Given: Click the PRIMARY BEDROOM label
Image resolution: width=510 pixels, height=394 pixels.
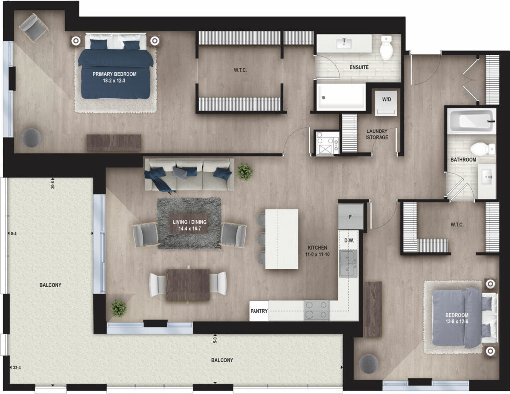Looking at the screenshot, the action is coord(115,74).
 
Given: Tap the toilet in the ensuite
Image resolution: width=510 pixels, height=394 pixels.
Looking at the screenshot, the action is coord(386,47).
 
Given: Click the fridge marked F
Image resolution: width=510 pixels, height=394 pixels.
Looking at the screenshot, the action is coord(350,217).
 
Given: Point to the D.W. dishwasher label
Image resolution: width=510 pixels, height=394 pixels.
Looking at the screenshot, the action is coord(349,241).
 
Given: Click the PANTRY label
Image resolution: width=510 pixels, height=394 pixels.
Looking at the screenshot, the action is coord(259,311).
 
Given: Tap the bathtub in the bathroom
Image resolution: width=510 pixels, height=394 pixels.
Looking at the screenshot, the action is coord(471,121).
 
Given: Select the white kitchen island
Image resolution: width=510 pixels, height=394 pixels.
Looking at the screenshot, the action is coord(282,239).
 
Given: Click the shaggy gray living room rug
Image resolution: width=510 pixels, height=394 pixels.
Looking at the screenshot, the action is coord(189,223).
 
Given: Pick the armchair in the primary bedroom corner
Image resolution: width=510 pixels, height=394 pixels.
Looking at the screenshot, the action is coord(33,27).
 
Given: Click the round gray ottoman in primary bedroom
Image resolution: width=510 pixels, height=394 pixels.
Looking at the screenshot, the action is coord(31,137).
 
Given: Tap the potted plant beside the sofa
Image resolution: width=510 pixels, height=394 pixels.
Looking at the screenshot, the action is coord(244,172).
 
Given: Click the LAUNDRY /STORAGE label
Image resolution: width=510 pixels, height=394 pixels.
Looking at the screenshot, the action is coord(377,134).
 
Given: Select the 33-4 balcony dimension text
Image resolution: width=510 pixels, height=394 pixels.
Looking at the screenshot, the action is coord(16,368).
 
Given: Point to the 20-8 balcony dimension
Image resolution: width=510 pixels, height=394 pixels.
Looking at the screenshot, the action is coord(52,184).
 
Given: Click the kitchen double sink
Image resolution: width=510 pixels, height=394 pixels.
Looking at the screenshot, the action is coord(348,263).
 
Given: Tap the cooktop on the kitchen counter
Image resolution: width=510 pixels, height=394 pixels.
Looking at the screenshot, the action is coord(316,311).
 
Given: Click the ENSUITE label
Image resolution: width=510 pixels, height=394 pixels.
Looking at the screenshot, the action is coord(359,67).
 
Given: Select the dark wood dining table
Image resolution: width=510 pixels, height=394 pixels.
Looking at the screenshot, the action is coord(188,285).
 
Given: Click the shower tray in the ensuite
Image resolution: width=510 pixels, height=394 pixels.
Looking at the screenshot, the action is coord(341,97).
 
